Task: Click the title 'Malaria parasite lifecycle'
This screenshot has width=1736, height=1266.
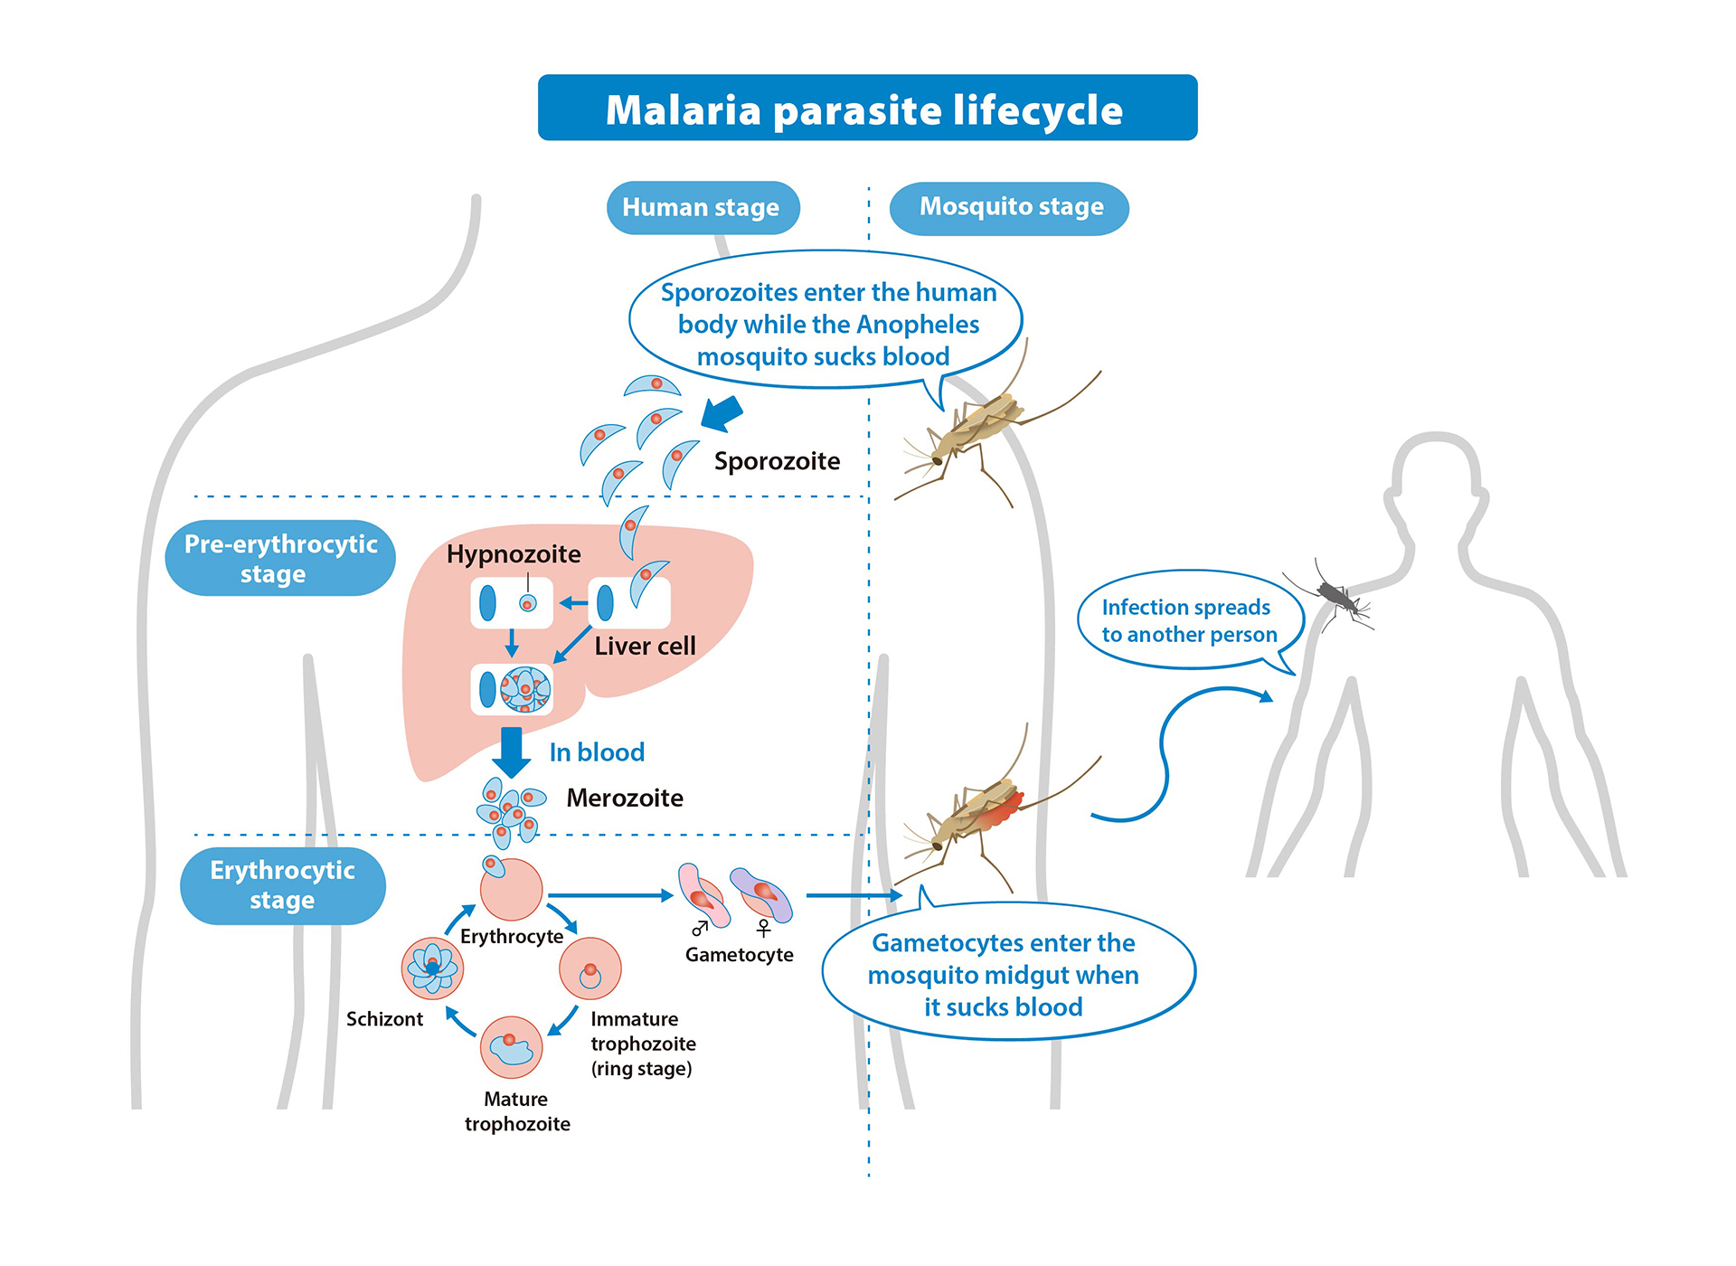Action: coord(866,109)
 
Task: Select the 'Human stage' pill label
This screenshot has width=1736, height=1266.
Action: coord(702,207)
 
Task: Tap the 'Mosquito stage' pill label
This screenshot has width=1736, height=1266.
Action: coord(1010,207)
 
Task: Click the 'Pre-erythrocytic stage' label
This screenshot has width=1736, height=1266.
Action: coord(280,558)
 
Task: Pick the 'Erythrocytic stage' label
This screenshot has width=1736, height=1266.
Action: coord(282,885)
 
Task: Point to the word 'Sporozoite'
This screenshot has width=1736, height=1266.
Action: coord(777,461)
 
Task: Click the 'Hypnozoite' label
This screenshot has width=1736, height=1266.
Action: coord(514,553)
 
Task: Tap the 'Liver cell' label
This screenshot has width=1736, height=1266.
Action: coord(645,646)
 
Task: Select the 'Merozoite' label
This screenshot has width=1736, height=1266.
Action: coord(625,798)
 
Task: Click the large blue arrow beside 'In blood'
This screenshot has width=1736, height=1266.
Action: coord(512,751)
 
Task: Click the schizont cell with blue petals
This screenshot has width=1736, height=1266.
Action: coord(432,968)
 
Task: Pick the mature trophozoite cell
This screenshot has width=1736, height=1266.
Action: coord(512,1047)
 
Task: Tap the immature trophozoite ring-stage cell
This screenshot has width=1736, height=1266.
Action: coord(590,969)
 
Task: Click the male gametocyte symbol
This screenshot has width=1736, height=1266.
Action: coord(700,928)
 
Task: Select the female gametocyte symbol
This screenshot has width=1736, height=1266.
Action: coord(764,928)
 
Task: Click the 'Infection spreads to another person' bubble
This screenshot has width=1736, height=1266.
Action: coord(1189,620)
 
